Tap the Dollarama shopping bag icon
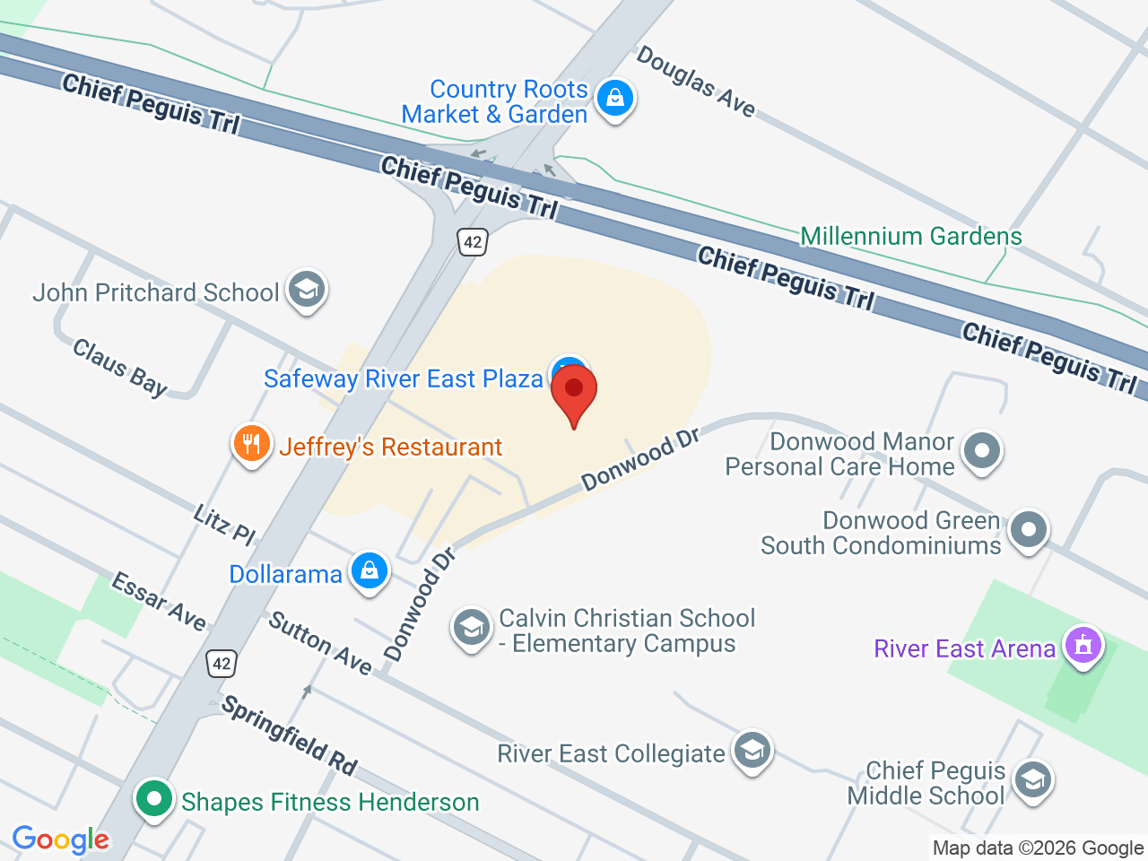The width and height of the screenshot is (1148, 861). click(369, 570)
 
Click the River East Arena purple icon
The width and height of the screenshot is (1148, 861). click(1083, 646)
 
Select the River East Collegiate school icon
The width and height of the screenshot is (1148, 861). click(752, 751)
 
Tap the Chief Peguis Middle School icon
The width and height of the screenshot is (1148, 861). click(1032, 779)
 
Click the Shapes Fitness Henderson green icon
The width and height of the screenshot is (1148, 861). click(154, 798)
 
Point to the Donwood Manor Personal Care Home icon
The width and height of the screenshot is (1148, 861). click(982, 450)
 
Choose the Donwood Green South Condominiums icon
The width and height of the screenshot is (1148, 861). click(1028, 529)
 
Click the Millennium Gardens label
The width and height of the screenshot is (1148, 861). click(910, 237)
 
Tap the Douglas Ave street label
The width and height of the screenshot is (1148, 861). click(696, 82)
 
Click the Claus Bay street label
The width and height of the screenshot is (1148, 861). click(120, 368)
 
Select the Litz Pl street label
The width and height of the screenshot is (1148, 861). click(224, 525)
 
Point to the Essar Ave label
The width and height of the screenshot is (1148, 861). click(159, 601)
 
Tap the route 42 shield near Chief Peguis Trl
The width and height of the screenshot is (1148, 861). click(473, 240)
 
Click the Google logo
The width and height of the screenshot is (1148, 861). click(61, 839)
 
